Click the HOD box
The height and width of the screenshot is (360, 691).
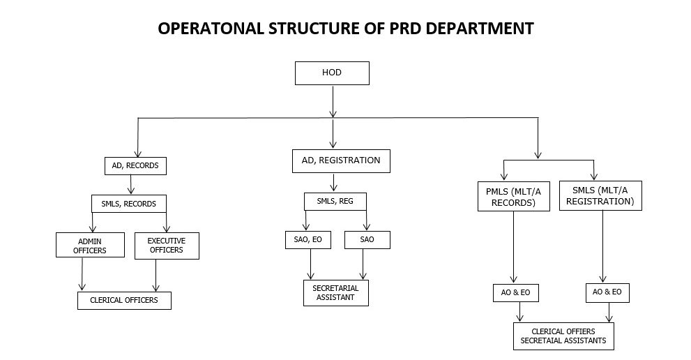pyautogui.click(x=332, y=73)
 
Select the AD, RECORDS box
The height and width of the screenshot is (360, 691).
pyautogui.click(x=136, y=166)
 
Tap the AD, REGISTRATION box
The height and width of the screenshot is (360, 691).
pyautogui.click(x=341, y=161)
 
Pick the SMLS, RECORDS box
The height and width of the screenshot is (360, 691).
pyautogui.click(x=129, y=204)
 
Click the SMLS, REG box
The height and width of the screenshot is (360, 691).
pyautogui.click(x=335, y=202)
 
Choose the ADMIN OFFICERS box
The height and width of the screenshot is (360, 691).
pyautogui.click(x=90, y=245)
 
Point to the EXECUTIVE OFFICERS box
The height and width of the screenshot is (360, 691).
pyautogui.click(x=167, y=246)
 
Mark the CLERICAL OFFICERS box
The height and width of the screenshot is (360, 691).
pyautogui.click(x=124, y=301)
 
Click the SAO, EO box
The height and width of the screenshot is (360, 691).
pyautogui.click(x=308, y=240)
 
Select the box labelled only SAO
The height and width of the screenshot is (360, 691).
pyautogui.click(x=367, y=240)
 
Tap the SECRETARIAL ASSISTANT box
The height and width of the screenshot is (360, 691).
pyautogui.click(x=336, y=293)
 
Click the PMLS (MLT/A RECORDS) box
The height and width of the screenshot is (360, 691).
pyautogui.click(x=514, y=196)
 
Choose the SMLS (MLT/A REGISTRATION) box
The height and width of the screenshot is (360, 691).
pyautogui.click(x=600, y=195)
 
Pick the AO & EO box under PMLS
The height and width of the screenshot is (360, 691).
pyautogui.click(x=515, y=293)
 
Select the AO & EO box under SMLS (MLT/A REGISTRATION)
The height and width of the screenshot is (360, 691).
pyautogui.click(x=607, y=293)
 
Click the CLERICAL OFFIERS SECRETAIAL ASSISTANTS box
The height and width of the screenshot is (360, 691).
pyautogui.click(x=563, y=336)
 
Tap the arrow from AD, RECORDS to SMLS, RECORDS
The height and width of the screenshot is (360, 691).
pyautogui.click(x=130, y=184)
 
